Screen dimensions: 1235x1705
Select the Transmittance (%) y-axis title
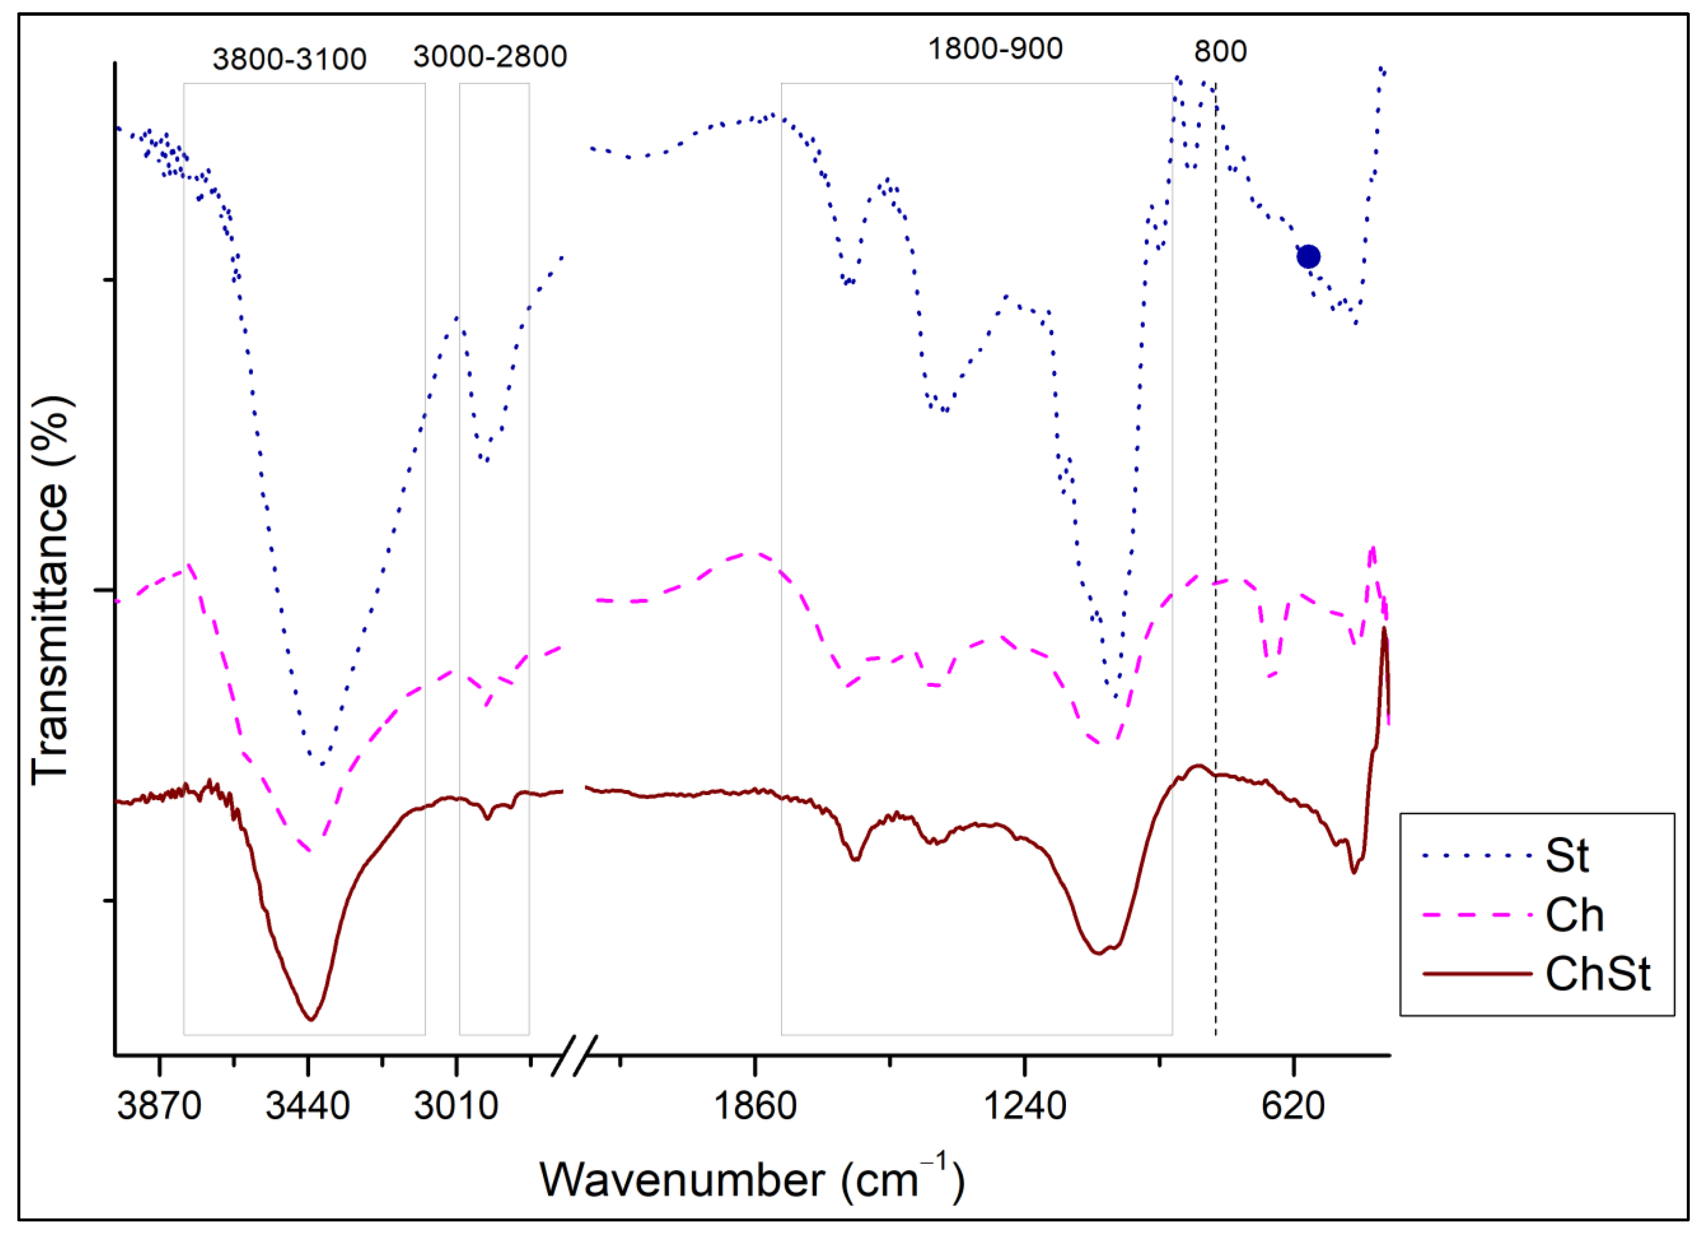(51, 591)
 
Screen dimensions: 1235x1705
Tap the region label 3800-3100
(290, 59)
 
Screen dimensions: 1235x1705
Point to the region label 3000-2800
(490, 56)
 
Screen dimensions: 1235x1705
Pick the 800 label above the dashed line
(1220, 51)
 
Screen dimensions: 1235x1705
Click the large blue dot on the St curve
(1308, 257)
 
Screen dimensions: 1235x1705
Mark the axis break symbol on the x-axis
(575, 1055)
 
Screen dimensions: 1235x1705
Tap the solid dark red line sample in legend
(1477, 974)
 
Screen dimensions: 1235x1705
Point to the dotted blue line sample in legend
(1477, 855)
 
